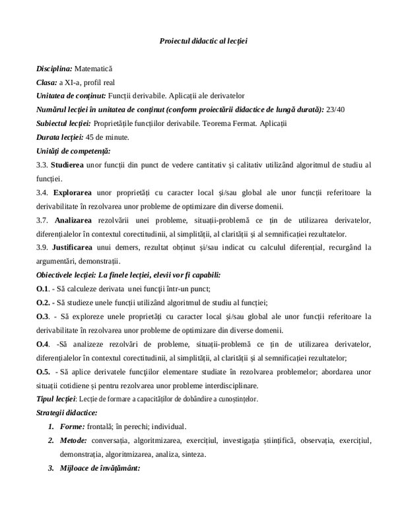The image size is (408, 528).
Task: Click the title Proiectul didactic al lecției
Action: tap(203, 41)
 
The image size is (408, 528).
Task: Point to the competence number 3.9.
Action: tap(42, 247)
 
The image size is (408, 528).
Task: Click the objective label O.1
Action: tap(42, 288)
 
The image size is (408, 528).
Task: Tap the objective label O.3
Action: tap(42, 316)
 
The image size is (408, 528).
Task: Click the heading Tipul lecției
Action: tap(56, 399)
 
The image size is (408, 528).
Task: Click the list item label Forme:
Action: tap(71, 426)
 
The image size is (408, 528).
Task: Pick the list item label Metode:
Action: tap(73, 440)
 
